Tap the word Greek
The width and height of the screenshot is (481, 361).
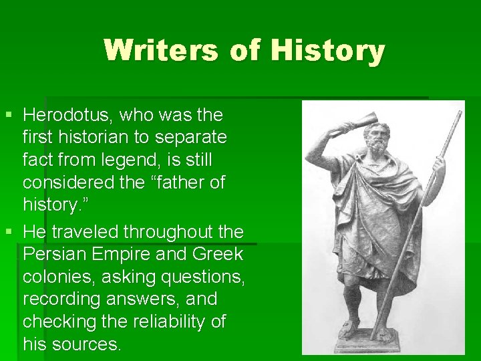tap(217, 255)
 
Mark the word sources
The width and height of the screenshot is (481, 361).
tap(86, 344)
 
